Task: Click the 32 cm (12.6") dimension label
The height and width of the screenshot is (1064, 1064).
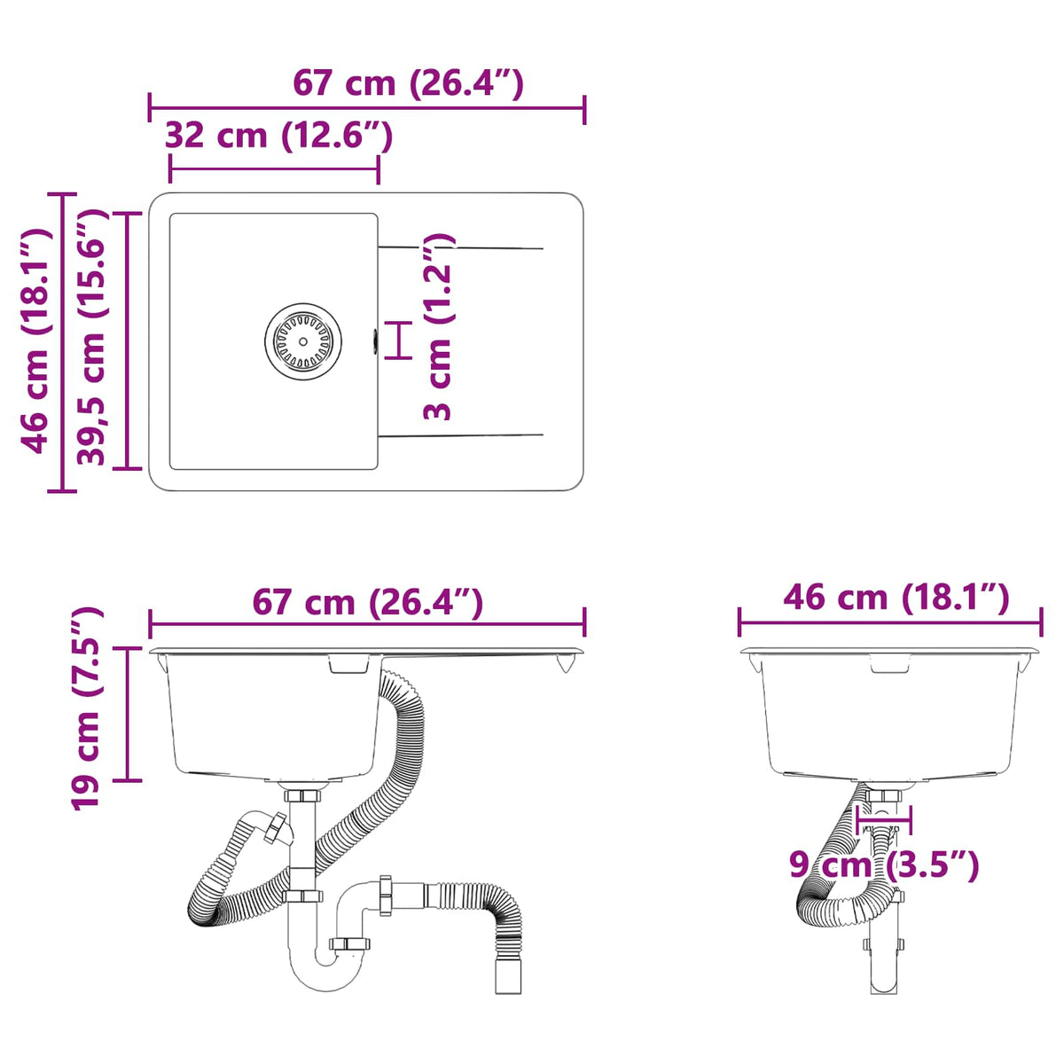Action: click(278, 136)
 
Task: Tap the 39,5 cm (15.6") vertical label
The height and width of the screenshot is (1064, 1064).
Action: click(91, 337)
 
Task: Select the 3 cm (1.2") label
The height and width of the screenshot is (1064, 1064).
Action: click(438, 325)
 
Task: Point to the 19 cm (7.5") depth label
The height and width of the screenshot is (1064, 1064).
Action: click(86, 709)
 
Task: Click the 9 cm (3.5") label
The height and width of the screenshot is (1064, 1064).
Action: click(883, 864)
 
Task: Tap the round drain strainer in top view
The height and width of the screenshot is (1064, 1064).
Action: click(302, 341)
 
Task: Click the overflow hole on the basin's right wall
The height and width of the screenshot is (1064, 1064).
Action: click(375, 340)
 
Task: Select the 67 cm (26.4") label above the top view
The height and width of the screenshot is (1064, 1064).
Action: click(408, 84)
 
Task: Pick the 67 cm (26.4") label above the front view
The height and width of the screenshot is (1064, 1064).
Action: click(368, 602)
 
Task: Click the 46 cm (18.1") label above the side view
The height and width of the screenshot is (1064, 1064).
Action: click(896, 598)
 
